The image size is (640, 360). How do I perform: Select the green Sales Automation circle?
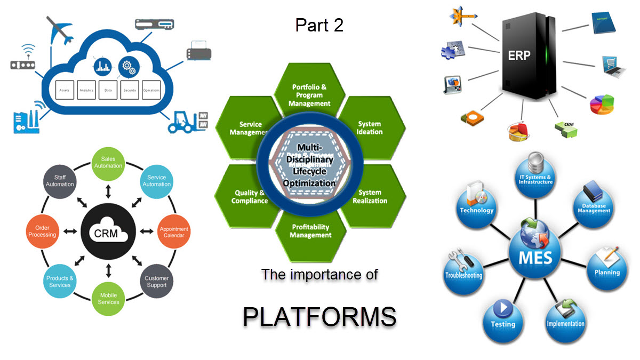tap(108, 163)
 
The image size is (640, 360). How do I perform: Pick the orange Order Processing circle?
tap(42, 231)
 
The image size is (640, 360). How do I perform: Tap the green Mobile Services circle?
tap(108, 299)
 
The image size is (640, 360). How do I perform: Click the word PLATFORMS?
tap(319, 316)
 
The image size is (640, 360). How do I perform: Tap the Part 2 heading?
tap(319, 25)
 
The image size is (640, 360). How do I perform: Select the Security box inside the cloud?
tap(130, 90)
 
